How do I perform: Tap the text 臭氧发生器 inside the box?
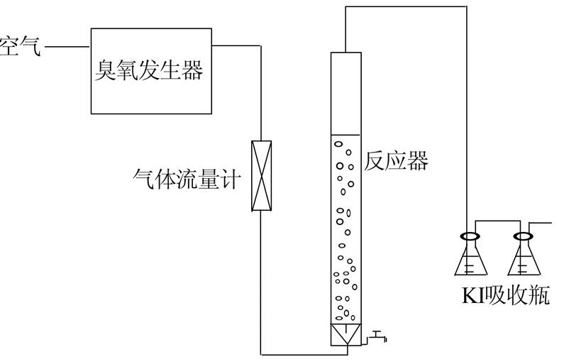(x=150, y=70)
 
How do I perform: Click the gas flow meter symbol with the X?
(x=262, y=176)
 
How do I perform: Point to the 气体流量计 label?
(x=187, y=177)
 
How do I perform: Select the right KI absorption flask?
(x=525, y=259)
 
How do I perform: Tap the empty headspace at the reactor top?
(x=346, y=92)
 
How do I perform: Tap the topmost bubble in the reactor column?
(x=339, y=143)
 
